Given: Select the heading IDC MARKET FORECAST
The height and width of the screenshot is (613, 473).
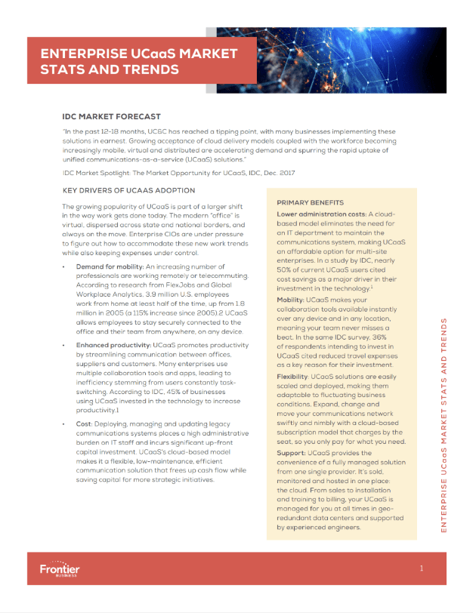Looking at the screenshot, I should point(111,117).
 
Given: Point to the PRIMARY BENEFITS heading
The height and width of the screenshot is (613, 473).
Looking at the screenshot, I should point(311,203).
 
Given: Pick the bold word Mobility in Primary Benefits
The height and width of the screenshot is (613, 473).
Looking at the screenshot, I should point(294,300).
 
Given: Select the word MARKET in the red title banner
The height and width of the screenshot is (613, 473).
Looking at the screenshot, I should point(204,54).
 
